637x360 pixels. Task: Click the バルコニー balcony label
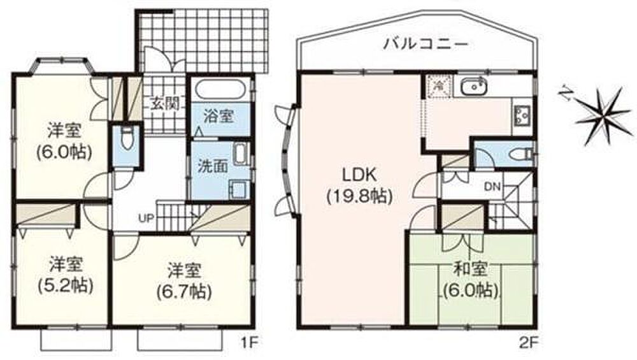coord(426,43)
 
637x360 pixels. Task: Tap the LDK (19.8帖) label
coord(359,185)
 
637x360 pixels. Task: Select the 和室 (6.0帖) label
coord(471,280)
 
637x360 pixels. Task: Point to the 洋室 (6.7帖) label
coord(184,281)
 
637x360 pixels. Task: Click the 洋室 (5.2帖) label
coord(66,275)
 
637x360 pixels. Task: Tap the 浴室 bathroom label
coord(218,117)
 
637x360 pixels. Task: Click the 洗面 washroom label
coord(213,166)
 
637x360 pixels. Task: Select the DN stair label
coord(493,187)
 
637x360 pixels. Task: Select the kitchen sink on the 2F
coord(474,87)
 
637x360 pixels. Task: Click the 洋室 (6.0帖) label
coord(64,141)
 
